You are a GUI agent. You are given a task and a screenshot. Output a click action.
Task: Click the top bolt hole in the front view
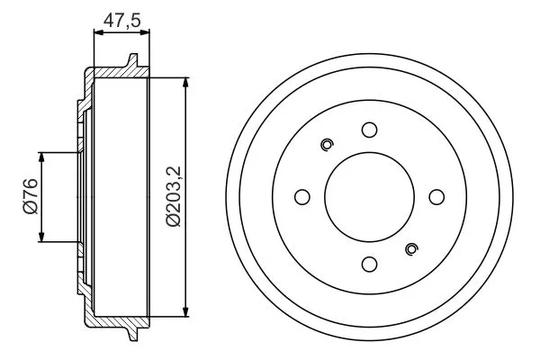pyautogui.click(x=369, y=130)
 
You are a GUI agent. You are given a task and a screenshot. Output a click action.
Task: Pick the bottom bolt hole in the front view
pyautogui.click(x=369, y=264)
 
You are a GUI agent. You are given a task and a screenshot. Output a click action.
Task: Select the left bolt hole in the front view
pyautogui.click(x=301, y=197)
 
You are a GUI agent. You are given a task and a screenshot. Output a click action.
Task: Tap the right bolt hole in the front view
pyautogui.click(x=436, y=197)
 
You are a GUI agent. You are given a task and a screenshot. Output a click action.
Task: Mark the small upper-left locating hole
pyautogui.click(x=327, y=144)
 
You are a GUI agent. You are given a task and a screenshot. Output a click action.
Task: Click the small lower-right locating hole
pyautogui.click(x=412, y=249)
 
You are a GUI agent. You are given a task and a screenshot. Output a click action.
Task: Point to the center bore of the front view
pyautogui.click(x=369, y=197)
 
